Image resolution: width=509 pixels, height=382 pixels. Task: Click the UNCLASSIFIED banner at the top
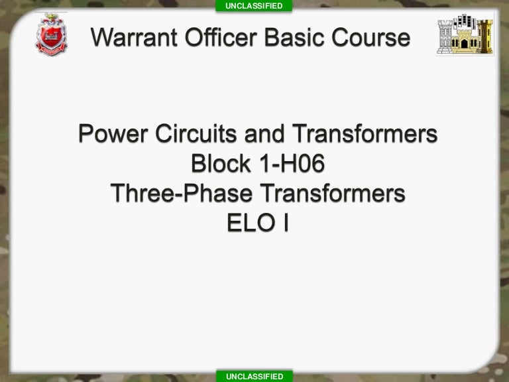tap(254, 6)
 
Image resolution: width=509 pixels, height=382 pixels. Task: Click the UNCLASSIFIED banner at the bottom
tap(254, 376)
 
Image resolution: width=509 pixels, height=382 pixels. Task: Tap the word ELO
tap(245, 223)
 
